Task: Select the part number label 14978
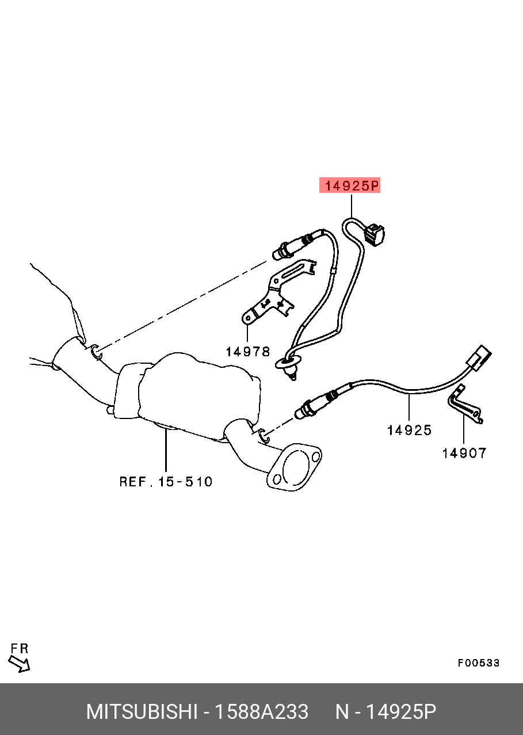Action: [x=248, y=352]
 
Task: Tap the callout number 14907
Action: [x=464, y=454]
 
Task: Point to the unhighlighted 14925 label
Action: [x=409, y=431]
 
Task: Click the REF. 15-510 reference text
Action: [x=166, y=482]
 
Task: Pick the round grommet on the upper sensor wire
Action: [x=288, y=363]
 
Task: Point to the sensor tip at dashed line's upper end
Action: [x=278, y=254]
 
